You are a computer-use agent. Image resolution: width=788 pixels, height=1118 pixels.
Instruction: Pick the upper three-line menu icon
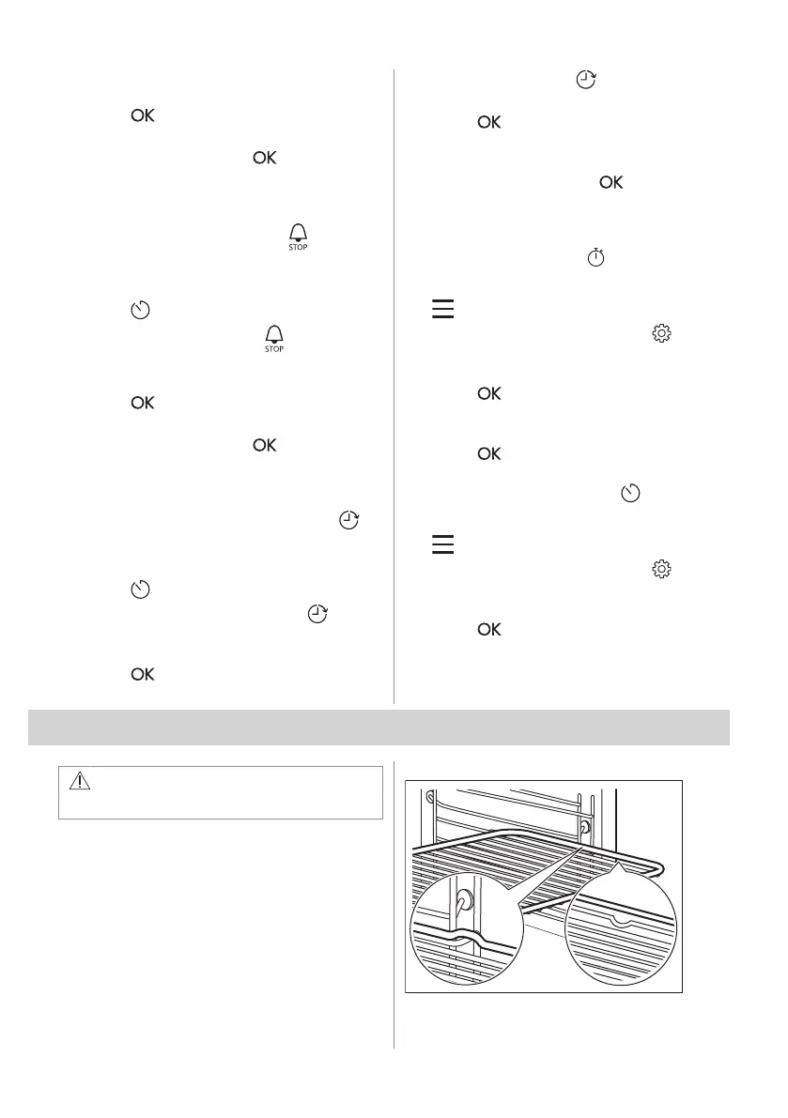[x=443, y=310]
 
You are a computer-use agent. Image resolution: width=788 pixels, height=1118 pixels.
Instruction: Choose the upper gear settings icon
[x=662, y=333]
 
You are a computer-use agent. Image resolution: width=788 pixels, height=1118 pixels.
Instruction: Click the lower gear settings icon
[x=662, y=569]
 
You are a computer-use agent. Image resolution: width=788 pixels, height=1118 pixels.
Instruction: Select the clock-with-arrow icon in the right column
[x=586, y=81]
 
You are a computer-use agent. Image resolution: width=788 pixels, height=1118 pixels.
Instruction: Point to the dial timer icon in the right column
[x=630, y=492]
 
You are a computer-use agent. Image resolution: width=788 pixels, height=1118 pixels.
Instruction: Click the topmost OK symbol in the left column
[x=142, y=115]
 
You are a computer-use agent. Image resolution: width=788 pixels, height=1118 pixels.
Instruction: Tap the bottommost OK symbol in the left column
[x=142, y=675]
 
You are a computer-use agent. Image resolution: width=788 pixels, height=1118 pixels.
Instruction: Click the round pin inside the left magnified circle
[x=462, y=900]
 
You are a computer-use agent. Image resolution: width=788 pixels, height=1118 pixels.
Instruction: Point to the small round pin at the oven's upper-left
[x=430, y=799]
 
